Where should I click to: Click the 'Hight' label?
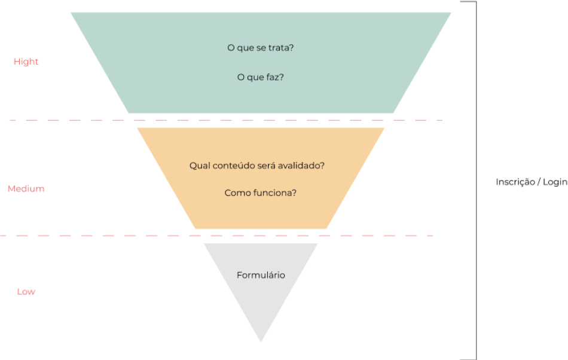pyautogui.click(x=26, y=62)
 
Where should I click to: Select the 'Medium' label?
pyautogui.click(x=26, y=189)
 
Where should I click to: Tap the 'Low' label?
pyautogui.click(x=26, y=292)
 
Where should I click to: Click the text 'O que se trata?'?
pyautogui.click(x=261, y=47)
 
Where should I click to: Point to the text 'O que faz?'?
pyautogui.click(x=261, y=77)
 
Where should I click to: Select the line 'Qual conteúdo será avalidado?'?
pyautogui.click(x=257, y=165)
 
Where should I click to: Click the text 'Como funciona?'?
pyautogui.click(x=261, y=193)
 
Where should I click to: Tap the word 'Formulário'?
pyautogui.click(x=261, y=275)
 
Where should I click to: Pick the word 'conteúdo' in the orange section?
pyautogui.click(x=233, y=165)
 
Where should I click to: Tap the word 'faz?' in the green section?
pyautogui.click(x=275, y=77)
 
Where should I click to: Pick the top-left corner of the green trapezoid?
pyautogui.click(x=71, y=13)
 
